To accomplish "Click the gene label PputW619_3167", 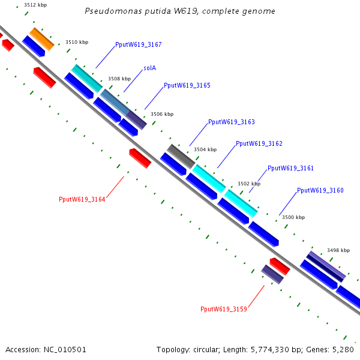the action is (x=139, y=44).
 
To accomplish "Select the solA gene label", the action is (x=149, y=68).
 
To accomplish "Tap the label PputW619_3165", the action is (x=187, y=85).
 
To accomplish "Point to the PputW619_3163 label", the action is (x=232, y=122).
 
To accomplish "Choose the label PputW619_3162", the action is (x=259, y=143).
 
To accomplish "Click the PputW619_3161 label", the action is (x=290, y=168).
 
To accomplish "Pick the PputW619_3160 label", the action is (x=320, y=190).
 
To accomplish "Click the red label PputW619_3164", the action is (x=82, y=199).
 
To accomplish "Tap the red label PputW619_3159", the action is (x=224, y=309).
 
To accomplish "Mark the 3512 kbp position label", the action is (x=35, y=5).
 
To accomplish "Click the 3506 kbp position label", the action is (x=162, y=114).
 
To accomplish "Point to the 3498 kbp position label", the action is (x=338, y=250).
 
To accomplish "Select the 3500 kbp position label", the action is (x=293, y=217).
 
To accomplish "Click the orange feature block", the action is (x=42, y=39).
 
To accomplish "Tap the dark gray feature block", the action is (x=181, y=157).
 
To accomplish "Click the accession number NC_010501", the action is (x=65, y=350).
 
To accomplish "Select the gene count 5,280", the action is (x=343, y=350).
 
